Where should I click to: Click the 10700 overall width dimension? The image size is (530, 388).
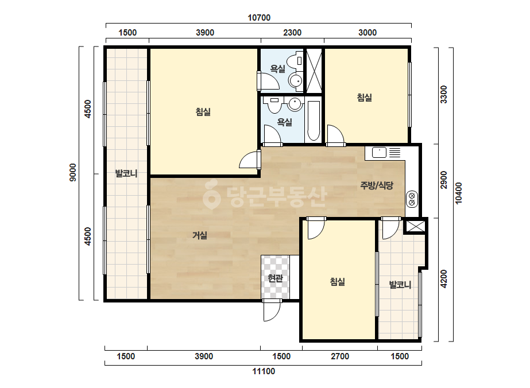259,18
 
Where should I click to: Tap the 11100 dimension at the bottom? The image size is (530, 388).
264,371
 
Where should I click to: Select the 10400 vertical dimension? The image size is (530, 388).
458,193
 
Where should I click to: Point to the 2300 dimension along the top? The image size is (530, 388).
292,33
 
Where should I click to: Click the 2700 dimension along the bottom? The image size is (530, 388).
340,356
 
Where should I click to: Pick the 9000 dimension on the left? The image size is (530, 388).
73,172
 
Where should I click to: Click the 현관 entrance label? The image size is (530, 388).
275,278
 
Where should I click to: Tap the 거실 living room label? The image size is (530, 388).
200,235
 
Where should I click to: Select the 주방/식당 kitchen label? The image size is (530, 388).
377,185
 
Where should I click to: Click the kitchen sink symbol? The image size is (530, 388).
379,153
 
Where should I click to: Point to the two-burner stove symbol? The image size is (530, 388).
412,199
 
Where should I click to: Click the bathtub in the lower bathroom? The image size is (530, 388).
314,121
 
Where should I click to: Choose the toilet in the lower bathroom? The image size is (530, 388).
274,105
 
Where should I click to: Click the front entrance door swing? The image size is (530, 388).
272,311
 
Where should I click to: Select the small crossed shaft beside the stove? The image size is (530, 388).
415,226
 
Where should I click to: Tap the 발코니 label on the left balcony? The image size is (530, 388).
126,173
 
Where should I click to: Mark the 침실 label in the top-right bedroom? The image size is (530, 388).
365,98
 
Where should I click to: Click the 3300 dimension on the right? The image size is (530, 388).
443,94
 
